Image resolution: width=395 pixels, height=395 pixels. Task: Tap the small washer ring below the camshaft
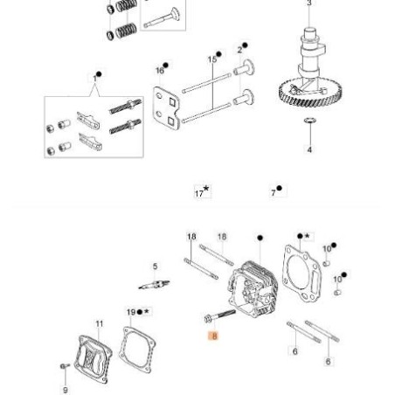click(x=308, y=121)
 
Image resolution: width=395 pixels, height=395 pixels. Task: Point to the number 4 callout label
click(x=308, y=149)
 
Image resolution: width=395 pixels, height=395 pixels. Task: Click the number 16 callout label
click(x=160, y=68)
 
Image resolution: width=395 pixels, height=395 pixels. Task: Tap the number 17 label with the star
click(x=201, y=191)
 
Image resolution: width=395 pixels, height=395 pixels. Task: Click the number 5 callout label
click(x=155, y=267)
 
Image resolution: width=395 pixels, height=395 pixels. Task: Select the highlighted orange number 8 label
click(x=213, y=336)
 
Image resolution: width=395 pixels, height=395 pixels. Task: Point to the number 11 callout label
click(x=99, y=325)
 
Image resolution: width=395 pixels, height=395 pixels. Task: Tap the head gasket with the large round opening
click(x=303, y=266)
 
